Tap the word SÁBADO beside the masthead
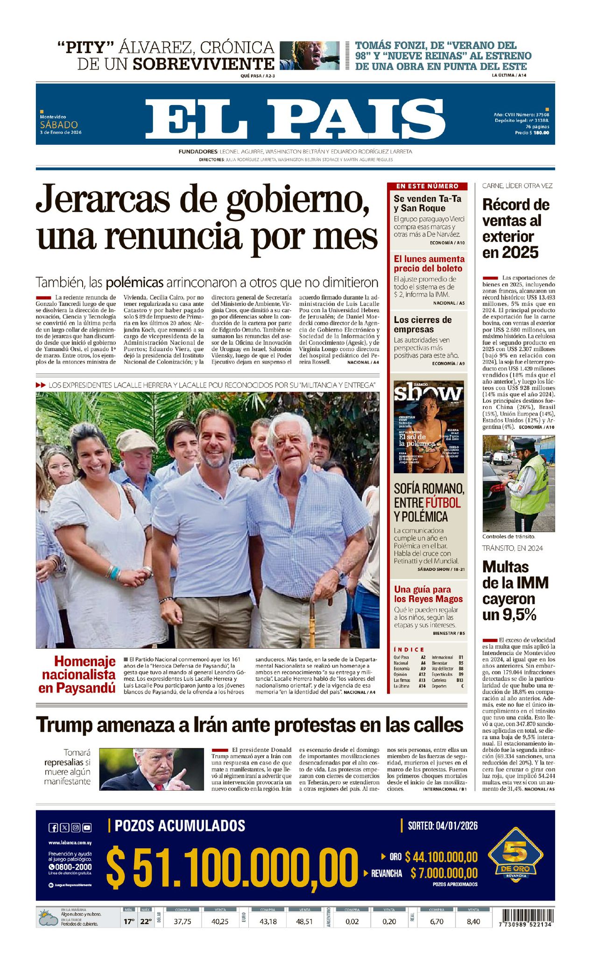[x=59, y=125]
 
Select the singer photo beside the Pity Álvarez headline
[x=310, y=56]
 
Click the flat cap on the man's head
[x=136, y=440]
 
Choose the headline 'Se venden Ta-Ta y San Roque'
[x=427, y=203]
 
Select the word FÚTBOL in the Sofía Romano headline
[x=443, y=503]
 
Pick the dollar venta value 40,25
[x=220, y=922]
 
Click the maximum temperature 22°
[x=146, y=922]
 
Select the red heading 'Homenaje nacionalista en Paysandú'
[x=77, y=674]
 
